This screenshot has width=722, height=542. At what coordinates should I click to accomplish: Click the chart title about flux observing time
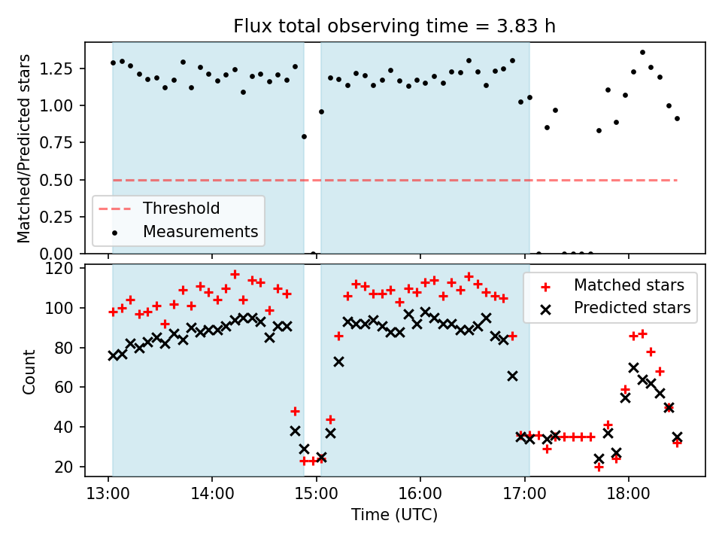tap(394, 26)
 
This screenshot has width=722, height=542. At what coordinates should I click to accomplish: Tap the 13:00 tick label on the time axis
tap(108, 494)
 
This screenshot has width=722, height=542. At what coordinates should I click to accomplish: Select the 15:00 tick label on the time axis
tap(317, 494)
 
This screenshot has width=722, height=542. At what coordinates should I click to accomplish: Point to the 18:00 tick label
tap(629, 494)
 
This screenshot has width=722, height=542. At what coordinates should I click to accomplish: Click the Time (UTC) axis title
tap(394, 514)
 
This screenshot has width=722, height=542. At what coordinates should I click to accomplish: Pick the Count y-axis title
tap(29, 371)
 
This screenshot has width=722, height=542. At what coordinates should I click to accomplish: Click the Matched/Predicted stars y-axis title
tap(23, 148)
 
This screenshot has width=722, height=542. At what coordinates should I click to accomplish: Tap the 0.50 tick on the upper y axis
tap(56, 180)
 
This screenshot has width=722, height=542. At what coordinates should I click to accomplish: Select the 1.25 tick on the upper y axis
tap(56, 69)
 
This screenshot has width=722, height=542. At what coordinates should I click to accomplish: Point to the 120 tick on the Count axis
tap(59, 268)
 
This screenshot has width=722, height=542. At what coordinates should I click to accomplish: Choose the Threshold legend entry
tap(181, 209)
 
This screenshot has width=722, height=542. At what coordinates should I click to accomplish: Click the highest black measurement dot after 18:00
tap(642, 53)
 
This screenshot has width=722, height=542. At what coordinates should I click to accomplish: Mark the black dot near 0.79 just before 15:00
tap(304, 137)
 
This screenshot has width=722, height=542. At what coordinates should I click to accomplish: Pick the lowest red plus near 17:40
tap(599, 467)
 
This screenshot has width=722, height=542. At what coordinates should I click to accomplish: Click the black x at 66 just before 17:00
tap(512, 376)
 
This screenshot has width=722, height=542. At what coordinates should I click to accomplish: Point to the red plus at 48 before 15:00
tap(295, 411)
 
